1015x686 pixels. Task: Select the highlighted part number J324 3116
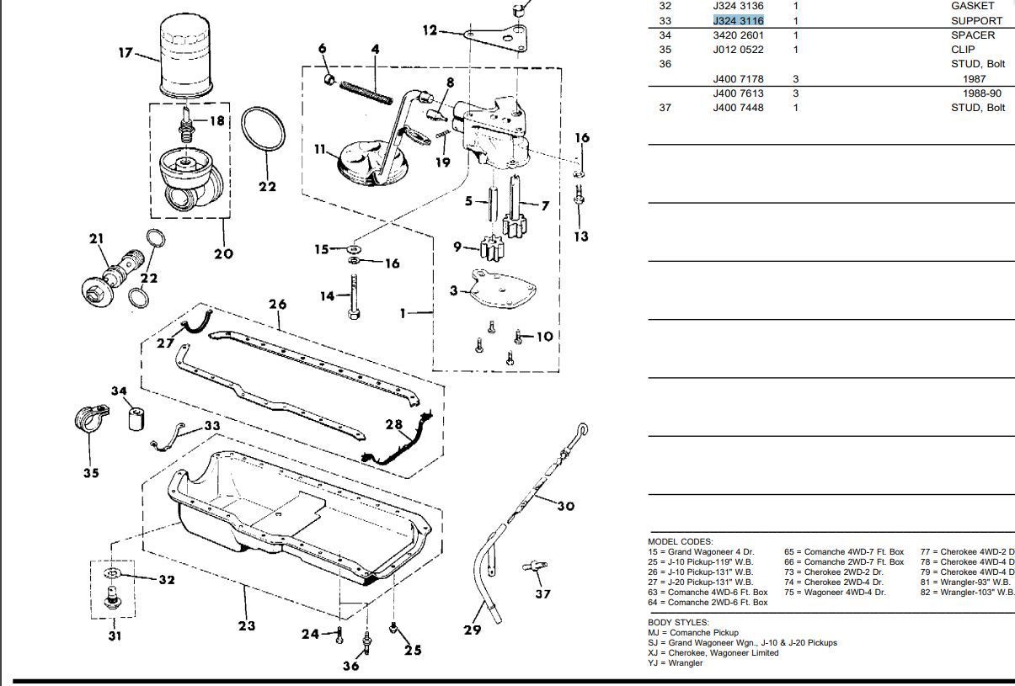[738, 20]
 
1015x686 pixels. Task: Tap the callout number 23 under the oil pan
[246, 625]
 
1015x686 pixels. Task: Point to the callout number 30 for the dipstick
[565, 506]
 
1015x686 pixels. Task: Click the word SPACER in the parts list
[972, 35]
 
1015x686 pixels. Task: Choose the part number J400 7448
[738, 108]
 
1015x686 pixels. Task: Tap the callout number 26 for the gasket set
[278, 305]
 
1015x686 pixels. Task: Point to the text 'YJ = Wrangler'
[675, 663]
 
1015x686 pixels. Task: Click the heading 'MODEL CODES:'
[680, 541]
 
